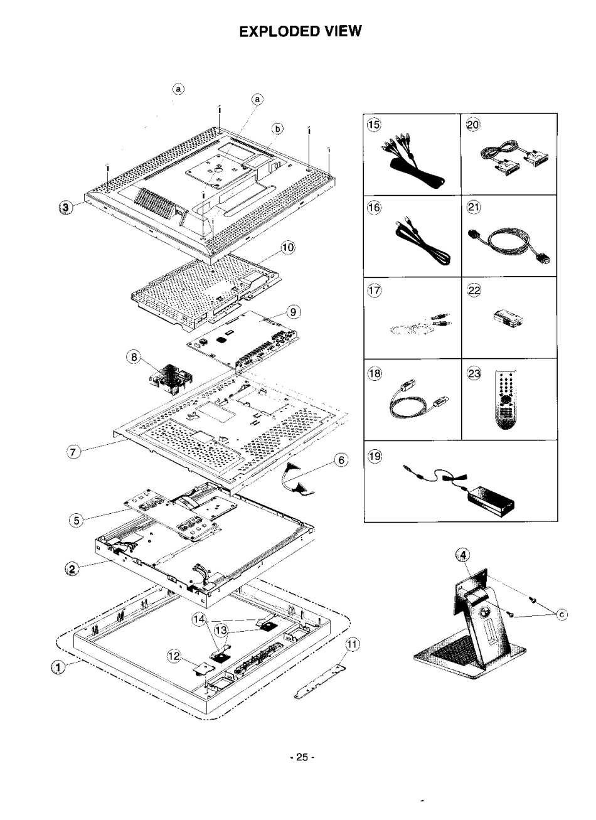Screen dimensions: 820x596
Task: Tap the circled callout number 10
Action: (287, 248)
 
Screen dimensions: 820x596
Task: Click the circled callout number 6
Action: (341, 461)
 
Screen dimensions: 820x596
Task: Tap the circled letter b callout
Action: (277, 128)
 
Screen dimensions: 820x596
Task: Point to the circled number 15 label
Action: (375, 125)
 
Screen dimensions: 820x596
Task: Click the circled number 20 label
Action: (472, 125)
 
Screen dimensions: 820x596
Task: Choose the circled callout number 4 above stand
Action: (462, 555)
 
